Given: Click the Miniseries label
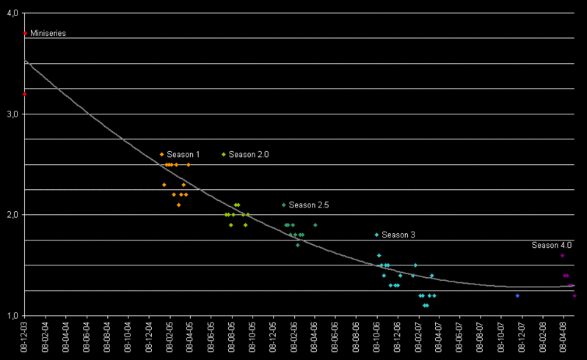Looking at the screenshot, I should click(48, 33).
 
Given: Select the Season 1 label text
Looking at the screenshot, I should click(183, 154).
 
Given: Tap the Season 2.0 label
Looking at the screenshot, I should click(249, 154).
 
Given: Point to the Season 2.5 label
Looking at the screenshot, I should click(308, 205).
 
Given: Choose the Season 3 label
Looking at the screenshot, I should click(398, 235).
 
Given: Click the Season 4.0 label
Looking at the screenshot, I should click(551, 245).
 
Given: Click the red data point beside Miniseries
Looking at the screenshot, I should click(25, 33).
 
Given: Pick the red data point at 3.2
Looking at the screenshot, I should click(25, 94).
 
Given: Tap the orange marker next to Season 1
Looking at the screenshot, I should click(161, 154).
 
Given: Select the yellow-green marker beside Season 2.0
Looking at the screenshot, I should click(224, 154).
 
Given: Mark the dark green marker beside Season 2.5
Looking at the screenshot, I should click(284, 205).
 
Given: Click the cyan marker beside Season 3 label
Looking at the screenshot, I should click(376, 235).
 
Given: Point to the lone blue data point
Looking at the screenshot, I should click(517, 295).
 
